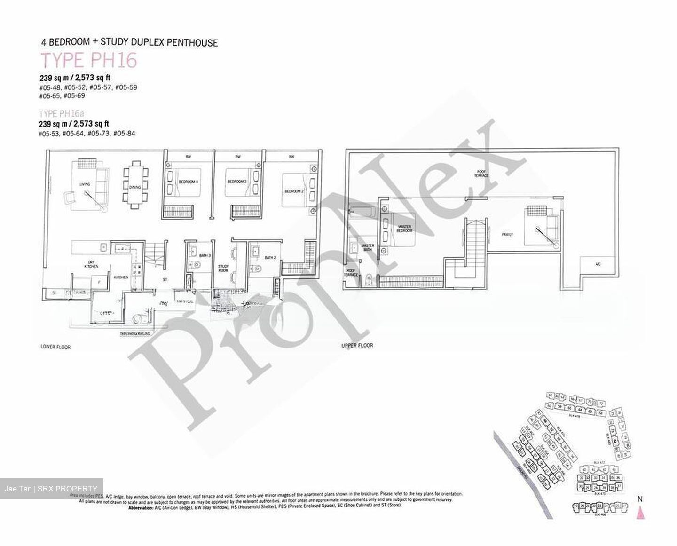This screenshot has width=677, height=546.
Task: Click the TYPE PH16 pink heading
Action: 89,61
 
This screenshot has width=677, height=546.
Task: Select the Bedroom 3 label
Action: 237,182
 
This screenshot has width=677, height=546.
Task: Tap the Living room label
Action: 85,184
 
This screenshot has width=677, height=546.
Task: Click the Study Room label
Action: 223,269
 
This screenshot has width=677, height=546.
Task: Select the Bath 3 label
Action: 205,255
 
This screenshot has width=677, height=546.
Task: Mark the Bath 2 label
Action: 269,257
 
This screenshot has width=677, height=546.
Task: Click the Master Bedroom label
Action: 404,229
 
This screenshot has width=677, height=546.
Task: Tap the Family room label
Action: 507,234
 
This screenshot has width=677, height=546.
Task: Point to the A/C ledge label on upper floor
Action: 598,264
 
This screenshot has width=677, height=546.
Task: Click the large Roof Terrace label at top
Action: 481,174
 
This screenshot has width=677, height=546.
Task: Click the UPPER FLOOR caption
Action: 357,345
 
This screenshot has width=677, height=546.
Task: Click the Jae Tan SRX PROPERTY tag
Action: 52,489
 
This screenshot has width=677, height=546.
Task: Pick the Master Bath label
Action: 367,248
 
